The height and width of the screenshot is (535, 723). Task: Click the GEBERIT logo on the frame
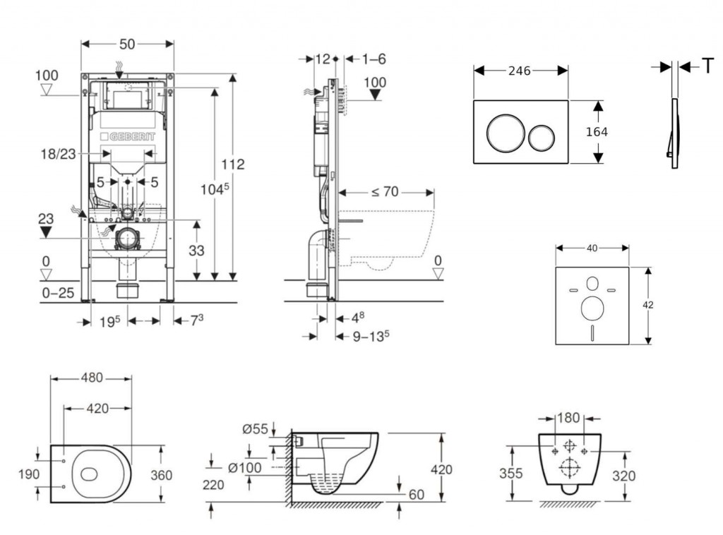pyautogui.click(x=127, y=136)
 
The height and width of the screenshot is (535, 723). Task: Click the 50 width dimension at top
pyautogui.click(x=127, y=44)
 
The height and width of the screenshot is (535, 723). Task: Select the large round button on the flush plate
pyautogui.click(x=503, y=132)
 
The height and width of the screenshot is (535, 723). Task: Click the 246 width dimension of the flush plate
pyautogui.click(x=520, y=70)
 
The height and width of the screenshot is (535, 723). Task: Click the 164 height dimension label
pyautogui.click(x=597, y=131)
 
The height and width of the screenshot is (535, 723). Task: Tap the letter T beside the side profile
pyautogui.click(x=707, y=66)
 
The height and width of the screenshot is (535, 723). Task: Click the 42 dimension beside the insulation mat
pyautogui.click(x=648, y=305)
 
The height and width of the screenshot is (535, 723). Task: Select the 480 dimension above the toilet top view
pyautogui.click(x=90, y=378)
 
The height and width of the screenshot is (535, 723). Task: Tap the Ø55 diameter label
pyautogui.click(x=254, y=428)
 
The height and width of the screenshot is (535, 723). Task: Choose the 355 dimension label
pyautogui.click(x=512, y=473)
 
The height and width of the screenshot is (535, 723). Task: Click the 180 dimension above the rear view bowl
pyautogui.click(x=568, y=417)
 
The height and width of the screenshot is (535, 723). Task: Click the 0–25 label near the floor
pyautogui.click(x=56, y=292)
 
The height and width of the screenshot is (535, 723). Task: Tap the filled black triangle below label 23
pyautogui.click(x=47, y=232)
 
